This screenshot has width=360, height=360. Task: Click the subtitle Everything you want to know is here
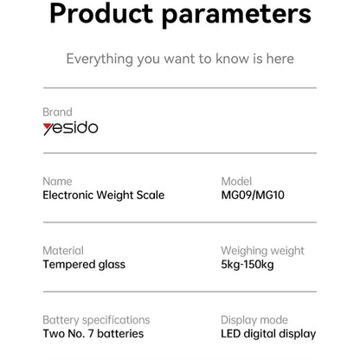(x=180, y=59)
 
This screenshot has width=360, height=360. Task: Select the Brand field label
(x=57, y=112)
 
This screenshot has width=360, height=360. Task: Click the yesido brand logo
(x=70, y=128)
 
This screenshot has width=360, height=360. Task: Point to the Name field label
(x=57, y=182)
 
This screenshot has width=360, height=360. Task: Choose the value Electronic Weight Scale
(x=103, y=196)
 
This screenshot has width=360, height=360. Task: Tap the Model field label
(x=236, y=182)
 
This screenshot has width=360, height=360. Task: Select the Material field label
(x=63, y=251)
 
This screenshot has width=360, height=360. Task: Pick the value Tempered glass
(x=84, y=265)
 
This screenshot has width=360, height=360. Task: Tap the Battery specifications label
(x=96, y=320)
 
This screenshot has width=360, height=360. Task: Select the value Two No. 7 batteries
(x=93, y=334)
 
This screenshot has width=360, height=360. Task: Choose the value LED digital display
(x=268, y=334)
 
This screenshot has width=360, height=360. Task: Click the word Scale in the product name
(x=150, y=196)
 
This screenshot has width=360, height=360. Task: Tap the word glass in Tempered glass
(x=111, y=265)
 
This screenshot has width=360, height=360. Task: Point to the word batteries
(x=120, y=334)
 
